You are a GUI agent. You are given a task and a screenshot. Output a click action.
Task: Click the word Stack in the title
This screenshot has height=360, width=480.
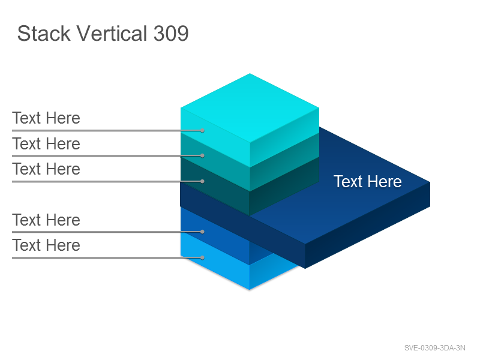(x=44, y=34)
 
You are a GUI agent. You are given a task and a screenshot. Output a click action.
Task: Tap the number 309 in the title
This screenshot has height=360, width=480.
(x=171, y=34)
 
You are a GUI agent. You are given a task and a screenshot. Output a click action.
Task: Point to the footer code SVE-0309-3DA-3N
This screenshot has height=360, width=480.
(x=434, y=348)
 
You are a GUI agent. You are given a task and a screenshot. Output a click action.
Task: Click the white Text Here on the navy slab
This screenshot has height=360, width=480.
(x=367, y=182)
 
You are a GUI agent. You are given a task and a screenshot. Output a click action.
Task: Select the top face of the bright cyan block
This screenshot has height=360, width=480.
(x=250, y=108)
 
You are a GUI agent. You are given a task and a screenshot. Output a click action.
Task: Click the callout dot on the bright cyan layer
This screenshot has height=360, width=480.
(x=202, y=131)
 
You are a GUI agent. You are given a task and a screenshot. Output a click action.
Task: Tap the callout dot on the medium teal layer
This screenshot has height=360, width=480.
(x=202, y=156)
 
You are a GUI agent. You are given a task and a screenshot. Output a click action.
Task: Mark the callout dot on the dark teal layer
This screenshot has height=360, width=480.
(x=202, y=182)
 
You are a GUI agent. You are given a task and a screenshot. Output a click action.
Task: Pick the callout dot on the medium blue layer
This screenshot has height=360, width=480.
(x=202, y=232)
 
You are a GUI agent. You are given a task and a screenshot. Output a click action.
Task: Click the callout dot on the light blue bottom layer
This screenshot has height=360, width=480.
(x=202, y=258)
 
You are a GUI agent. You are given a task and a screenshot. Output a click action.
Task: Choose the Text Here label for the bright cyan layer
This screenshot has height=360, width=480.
(x=46, y=118)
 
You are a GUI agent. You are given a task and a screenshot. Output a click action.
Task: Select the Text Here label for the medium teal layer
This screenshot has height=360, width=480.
(x=46, y=144)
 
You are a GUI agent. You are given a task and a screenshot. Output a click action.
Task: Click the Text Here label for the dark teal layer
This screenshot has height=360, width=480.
(x=46, y=169)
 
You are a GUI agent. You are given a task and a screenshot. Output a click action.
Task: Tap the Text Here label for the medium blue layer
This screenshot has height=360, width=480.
(x=46, y=220)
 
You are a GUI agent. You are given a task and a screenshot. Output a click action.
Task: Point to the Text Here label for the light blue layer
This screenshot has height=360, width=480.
(x=46, y=245)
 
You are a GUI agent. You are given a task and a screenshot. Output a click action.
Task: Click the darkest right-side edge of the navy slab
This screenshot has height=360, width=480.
(x=367, y=225)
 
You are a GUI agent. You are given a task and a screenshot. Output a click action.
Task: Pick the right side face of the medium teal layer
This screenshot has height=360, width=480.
(x=284, y=162)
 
